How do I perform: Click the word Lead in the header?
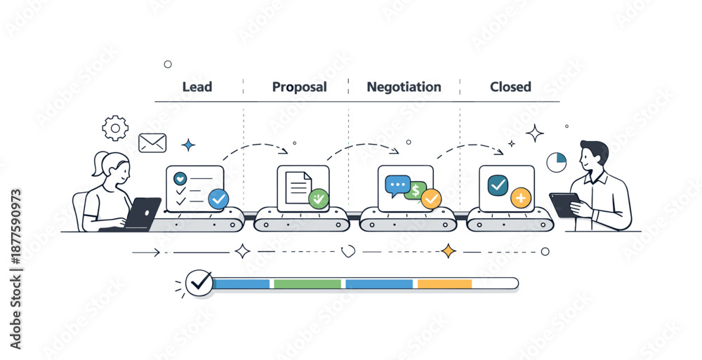point(197,87)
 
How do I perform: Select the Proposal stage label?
point(299,87)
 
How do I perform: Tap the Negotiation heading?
point(404,87)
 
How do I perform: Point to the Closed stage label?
point(510,87)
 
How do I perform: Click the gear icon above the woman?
point(115,128)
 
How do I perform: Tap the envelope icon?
point(152,143)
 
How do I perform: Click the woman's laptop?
point(143,213)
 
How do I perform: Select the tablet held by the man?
point(564,204)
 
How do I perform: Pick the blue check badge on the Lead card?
point(218,199)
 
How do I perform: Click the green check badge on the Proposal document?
point(319,198)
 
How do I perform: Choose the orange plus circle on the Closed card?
point(520,199)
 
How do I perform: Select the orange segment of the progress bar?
point(444,284)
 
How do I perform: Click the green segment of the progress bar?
point(307,284)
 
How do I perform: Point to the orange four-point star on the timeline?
point(448,251)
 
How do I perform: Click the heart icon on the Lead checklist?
point(180,178)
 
